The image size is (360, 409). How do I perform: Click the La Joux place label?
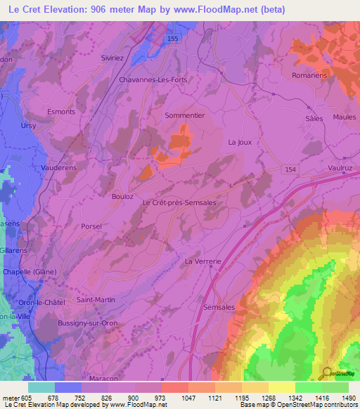coord(240,142)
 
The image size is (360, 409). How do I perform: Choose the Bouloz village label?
coord(122,197)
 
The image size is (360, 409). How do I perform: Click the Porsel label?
coord(91,226)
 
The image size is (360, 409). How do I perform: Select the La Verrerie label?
coord(203,261)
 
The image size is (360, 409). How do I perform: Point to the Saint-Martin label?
coord(96,300)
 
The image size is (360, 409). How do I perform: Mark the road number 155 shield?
coord(173,40)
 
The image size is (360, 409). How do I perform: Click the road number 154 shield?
coord(291,169)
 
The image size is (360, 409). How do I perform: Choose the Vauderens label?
coord(58,169)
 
